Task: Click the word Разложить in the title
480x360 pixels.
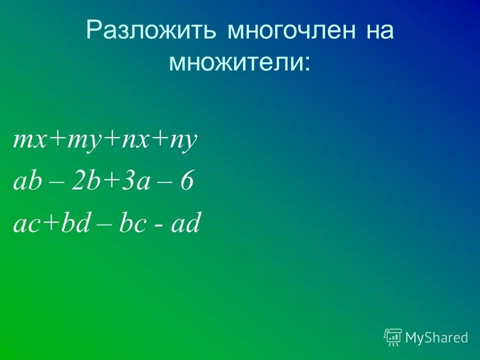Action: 152,31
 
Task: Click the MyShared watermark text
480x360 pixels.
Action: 436,338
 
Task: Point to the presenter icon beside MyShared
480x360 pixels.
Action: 393,338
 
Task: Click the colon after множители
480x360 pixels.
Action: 306,64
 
